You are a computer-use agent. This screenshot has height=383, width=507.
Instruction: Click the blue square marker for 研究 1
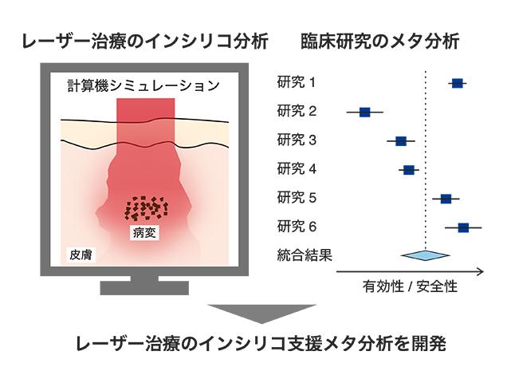(x=457, y=83)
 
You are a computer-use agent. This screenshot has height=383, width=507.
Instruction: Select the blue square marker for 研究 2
(x=365, y=113)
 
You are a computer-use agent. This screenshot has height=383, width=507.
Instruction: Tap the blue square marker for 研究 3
(x=401, y=141)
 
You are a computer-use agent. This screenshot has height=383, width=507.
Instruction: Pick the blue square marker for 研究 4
(x=409, y=170)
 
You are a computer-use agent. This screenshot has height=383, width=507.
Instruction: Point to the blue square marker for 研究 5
(x=446, y=199)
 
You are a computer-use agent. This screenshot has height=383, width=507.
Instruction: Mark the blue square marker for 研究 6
(x=463, y=227)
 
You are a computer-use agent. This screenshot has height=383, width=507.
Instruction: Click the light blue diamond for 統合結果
(x=425, y=255)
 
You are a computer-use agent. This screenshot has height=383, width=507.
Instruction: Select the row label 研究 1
(x=297, y=82)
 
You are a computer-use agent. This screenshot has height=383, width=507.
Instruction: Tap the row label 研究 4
(x=297, y=169)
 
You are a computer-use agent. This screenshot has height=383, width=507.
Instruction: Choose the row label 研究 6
(x=297, y=227)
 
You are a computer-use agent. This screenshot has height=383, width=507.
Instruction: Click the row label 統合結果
(x=305, y=255)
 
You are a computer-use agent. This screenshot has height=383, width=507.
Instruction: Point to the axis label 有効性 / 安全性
(x=410, y=286)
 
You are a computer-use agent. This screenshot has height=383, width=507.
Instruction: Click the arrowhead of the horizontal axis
(x=481, y=271)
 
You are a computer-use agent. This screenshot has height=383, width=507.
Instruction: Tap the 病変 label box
(x=144, y=232)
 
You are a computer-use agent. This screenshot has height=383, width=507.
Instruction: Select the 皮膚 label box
(x=81, y=255)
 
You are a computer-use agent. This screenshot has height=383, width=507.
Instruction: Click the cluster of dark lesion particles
(x=147, y=207)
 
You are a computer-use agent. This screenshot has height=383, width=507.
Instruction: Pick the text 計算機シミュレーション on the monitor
(x=143, y=85)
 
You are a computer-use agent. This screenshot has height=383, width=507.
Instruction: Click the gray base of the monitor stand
(x=144, y=288)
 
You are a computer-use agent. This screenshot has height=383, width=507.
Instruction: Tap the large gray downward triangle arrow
(x=261, y=314)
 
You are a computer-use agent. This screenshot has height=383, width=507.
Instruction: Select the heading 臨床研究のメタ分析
(x=380, y=41)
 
